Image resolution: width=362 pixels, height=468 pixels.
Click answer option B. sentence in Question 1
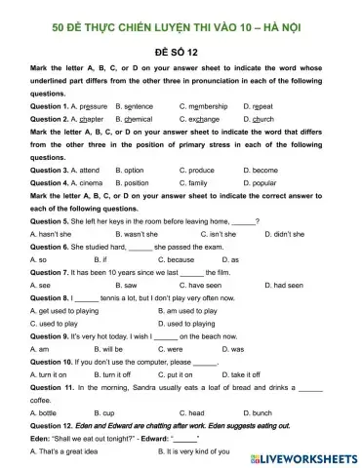coord(134,105)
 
